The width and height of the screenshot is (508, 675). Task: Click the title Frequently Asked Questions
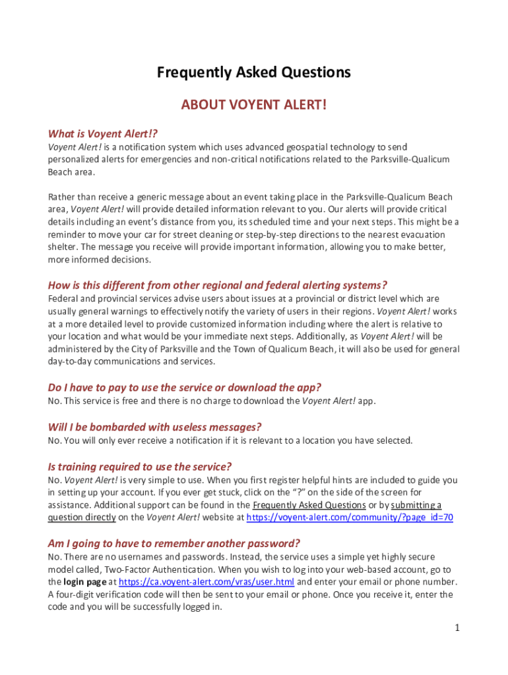coord(254,72)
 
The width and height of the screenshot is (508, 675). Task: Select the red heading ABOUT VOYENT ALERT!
coord(254,105)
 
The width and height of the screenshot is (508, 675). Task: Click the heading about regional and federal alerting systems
coord(217,285)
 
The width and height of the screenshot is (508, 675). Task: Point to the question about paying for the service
coord(185,388)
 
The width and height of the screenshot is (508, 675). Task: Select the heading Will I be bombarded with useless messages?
coord(155,426)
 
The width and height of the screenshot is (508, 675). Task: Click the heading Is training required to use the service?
coord(140,466)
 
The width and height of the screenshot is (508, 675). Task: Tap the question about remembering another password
coord(174,543)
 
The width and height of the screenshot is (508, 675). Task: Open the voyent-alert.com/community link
coord(349,517)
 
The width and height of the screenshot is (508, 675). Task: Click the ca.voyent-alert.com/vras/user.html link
coord(206,582)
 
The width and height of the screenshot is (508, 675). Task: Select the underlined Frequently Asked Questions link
coord(309,505)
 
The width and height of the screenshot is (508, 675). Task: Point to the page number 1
coord(456,627)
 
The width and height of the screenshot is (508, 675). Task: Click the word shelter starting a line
coord(62,247)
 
